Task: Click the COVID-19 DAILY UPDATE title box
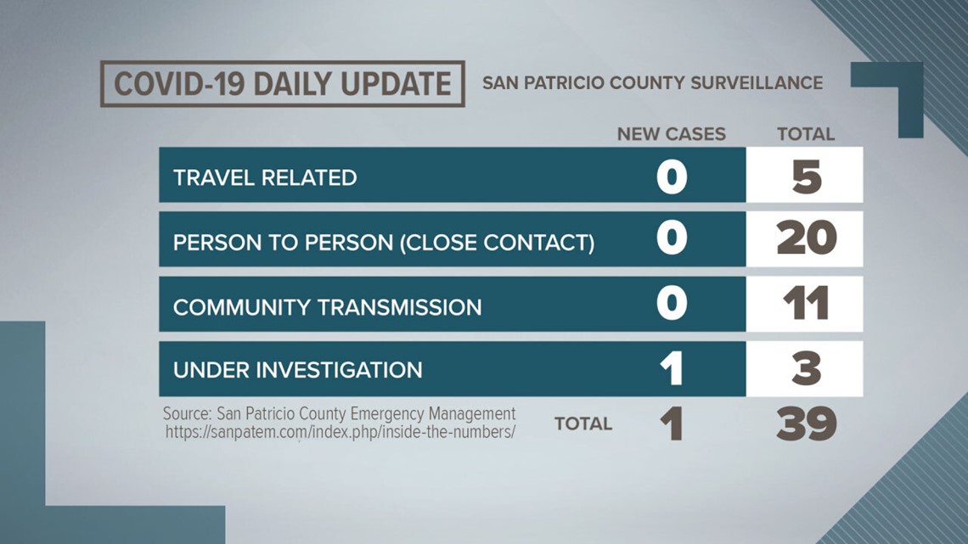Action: click(x=282, y=84)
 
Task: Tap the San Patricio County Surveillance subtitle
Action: click(x=652, y=83)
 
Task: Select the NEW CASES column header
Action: click(x=671, y=134)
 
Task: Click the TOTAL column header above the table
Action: click(x=806, y=134)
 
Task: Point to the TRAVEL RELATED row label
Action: click(x=265, y=177)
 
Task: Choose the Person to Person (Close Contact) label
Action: click(x=383, y=243)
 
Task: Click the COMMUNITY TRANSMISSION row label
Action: click(x=327, y=307)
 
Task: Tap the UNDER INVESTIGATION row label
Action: click(x=297, y=370)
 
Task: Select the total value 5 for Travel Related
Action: click(x=807, y=177)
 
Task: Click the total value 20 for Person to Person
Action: click(x=807, y=238)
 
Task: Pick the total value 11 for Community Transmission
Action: click(x=806, y=304)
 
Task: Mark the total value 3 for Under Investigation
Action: click(x=807, y=368)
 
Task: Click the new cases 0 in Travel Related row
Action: click(x=672, y=177)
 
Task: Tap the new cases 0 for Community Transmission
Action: click(x=672, y=303)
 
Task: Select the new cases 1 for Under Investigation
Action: click(x=671, y=368)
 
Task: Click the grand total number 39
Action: click(x=807, y=423)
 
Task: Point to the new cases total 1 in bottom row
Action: click(x=671, y=423)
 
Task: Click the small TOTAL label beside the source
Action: click(x=583, y=423)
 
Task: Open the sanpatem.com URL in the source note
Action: click(x=340, y=432)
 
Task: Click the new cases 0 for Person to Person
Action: click(x=672, y=238)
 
